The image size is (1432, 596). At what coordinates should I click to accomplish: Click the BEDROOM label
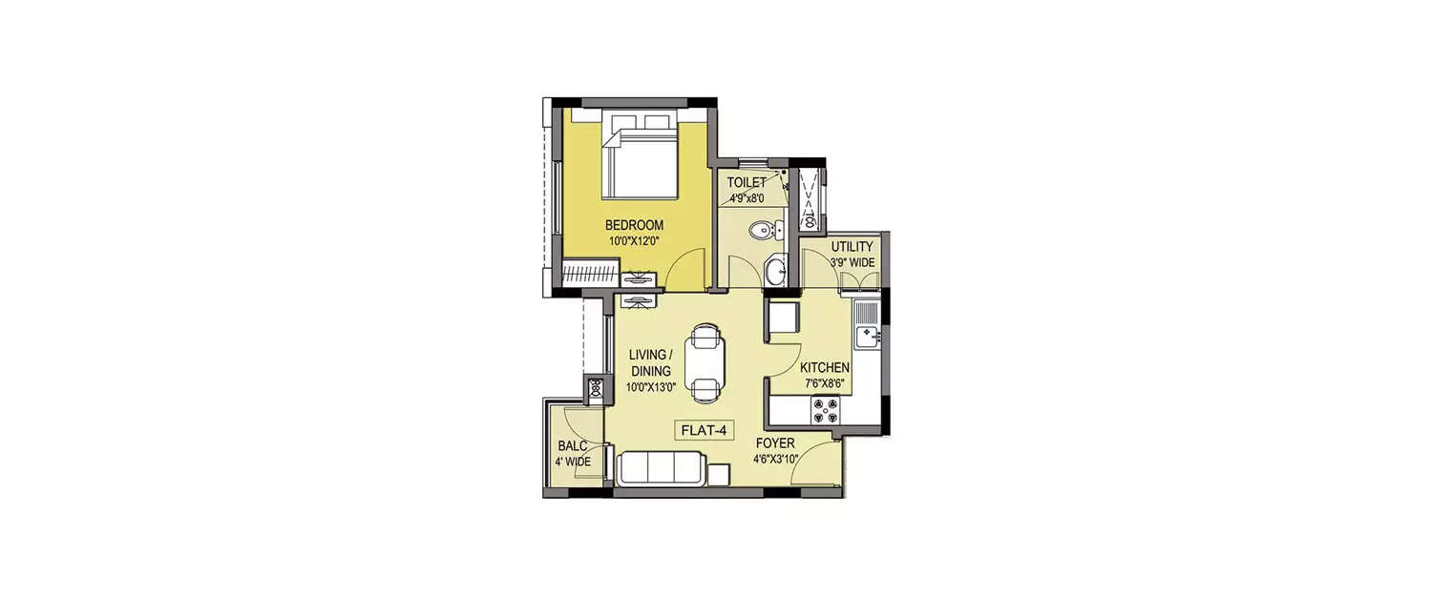(634, 225)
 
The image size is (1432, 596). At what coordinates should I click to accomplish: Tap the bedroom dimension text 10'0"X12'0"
(634, 240)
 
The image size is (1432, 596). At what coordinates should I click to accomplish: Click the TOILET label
(746, 182)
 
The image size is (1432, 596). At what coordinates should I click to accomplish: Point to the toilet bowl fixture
(763, 229)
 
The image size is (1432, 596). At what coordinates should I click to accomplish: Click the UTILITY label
(852, 247)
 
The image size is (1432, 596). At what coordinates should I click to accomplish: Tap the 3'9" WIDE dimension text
(852, 262)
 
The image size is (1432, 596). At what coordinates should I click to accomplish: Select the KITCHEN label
(825, 368)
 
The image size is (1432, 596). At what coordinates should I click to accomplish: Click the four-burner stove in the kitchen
(825, 410)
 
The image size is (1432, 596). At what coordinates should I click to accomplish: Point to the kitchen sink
(868, 334)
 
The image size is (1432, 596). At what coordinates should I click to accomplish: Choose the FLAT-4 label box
(705, 431)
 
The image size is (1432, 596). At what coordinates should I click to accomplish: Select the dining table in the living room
(705, 362)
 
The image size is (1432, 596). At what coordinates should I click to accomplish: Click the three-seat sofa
(662, 469)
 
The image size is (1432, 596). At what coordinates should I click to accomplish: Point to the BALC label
(572, 446)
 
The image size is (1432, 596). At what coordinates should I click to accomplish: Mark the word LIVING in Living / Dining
(647, 356)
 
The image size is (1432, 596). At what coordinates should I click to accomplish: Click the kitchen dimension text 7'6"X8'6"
(825, 383)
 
